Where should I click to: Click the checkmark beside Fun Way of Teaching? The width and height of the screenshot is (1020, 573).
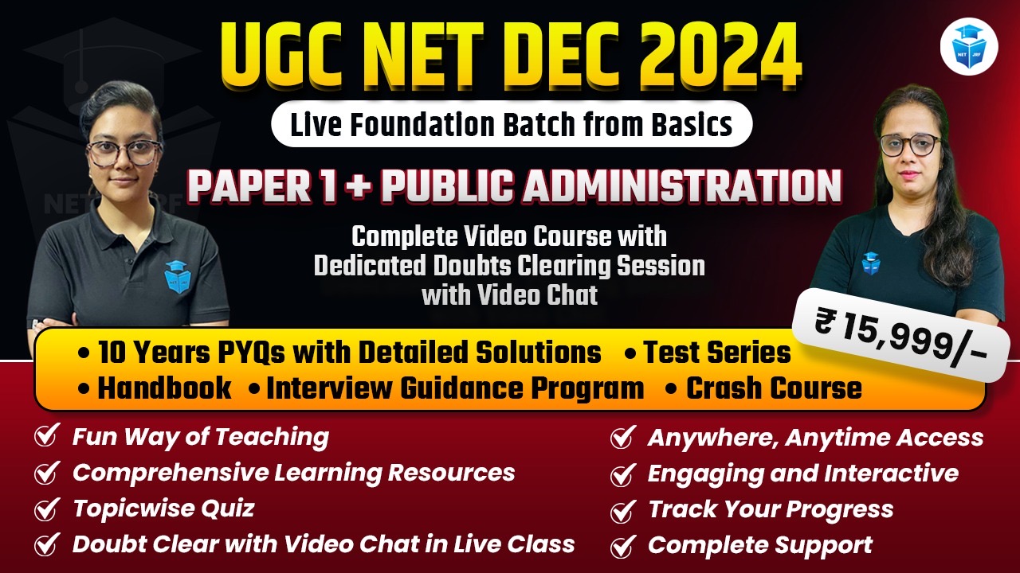[45, 437]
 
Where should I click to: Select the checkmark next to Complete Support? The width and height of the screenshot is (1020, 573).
[622, 546]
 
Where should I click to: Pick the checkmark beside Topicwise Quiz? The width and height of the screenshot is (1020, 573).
[45, 509]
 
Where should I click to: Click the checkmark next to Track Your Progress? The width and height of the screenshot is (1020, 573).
[622, 510]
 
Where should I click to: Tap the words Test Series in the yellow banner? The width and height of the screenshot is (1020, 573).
[717, 352]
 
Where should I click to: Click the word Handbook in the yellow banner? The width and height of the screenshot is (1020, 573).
[164, 388]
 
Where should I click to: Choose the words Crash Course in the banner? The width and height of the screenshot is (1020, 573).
[774, 388]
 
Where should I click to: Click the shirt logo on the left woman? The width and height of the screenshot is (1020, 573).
[177, 276]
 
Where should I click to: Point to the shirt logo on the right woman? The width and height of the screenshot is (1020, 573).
[870, 263]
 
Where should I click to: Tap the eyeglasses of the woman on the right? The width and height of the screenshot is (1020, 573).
[909, 145]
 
